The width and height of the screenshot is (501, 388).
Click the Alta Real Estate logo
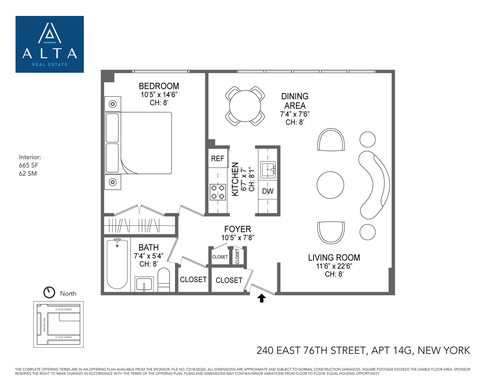(x=50, y=44)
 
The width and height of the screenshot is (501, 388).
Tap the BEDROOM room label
(x=159, y=86)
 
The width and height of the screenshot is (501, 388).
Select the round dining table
(x=245, y=106)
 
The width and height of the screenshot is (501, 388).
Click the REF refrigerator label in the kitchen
(x=218, y=159)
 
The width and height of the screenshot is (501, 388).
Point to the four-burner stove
(x=218, y=192)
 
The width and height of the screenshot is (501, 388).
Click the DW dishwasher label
(x=268, y=191)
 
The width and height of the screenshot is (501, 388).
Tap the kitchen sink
(x=268, y=170)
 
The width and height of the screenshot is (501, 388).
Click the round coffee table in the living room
(x=330, y=185)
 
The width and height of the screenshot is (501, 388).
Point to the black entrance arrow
(x=262, y=298)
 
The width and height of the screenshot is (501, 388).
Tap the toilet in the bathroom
(x=164, y=279)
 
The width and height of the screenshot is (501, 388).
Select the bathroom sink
(x=144, y=284)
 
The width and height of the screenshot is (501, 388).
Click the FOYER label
(x=237, y=229)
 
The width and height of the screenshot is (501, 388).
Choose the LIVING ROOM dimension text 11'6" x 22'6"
(x=334, y=266)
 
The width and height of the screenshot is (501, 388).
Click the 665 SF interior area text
(x=29, y=165)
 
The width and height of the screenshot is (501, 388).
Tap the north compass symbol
(x=49, y=292)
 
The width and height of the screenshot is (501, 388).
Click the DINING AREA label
(x=295, y=101)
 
